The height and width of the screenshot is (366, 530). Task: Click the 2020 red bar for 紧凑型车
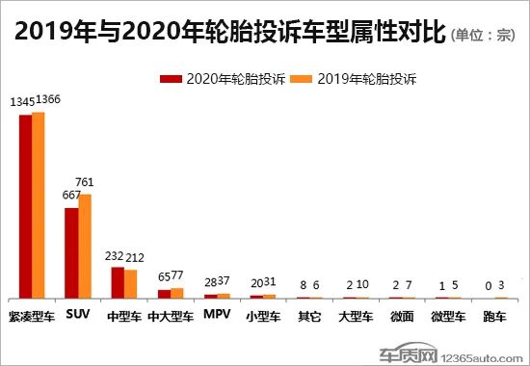pos(25,206)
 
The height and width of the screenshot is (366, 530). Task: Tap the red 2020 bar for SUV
pos(71,252)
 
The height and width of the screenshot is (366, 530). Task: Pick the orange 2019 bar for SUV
pos(85,246)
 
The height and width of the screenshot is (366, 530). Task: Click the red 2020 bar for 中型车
pos(118,282)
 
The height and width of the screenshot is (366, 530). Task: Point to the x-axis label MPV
pos(217,316)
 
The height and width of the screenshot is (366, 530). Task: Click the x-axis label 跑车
pos(494,316)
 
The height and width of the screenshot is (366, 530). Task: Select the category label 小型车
pos(263,316)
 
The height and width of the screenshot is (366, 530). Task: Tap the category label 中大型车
pos(171,316)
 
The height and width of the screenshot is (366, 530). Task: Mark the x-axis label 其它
pos(309,316)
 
